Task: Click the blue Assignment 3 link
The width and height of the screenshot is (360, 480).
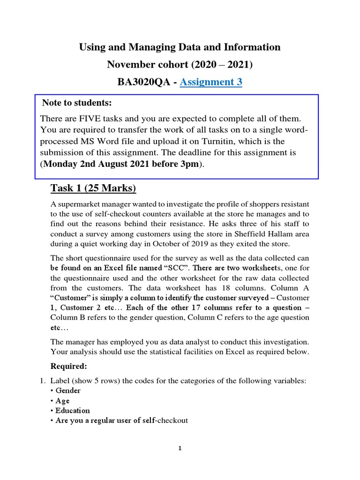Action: point(210,82)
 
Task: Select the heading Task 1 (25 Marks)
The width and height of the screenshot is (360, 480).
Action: point(93,188)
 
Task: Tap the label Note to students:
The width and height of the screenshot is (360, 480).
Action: point(77,103)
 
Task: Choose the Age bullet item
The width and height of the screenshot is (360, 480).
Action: point(62,401)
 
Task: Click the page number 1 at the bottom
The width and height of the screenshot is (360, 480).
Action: point(180,449)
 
